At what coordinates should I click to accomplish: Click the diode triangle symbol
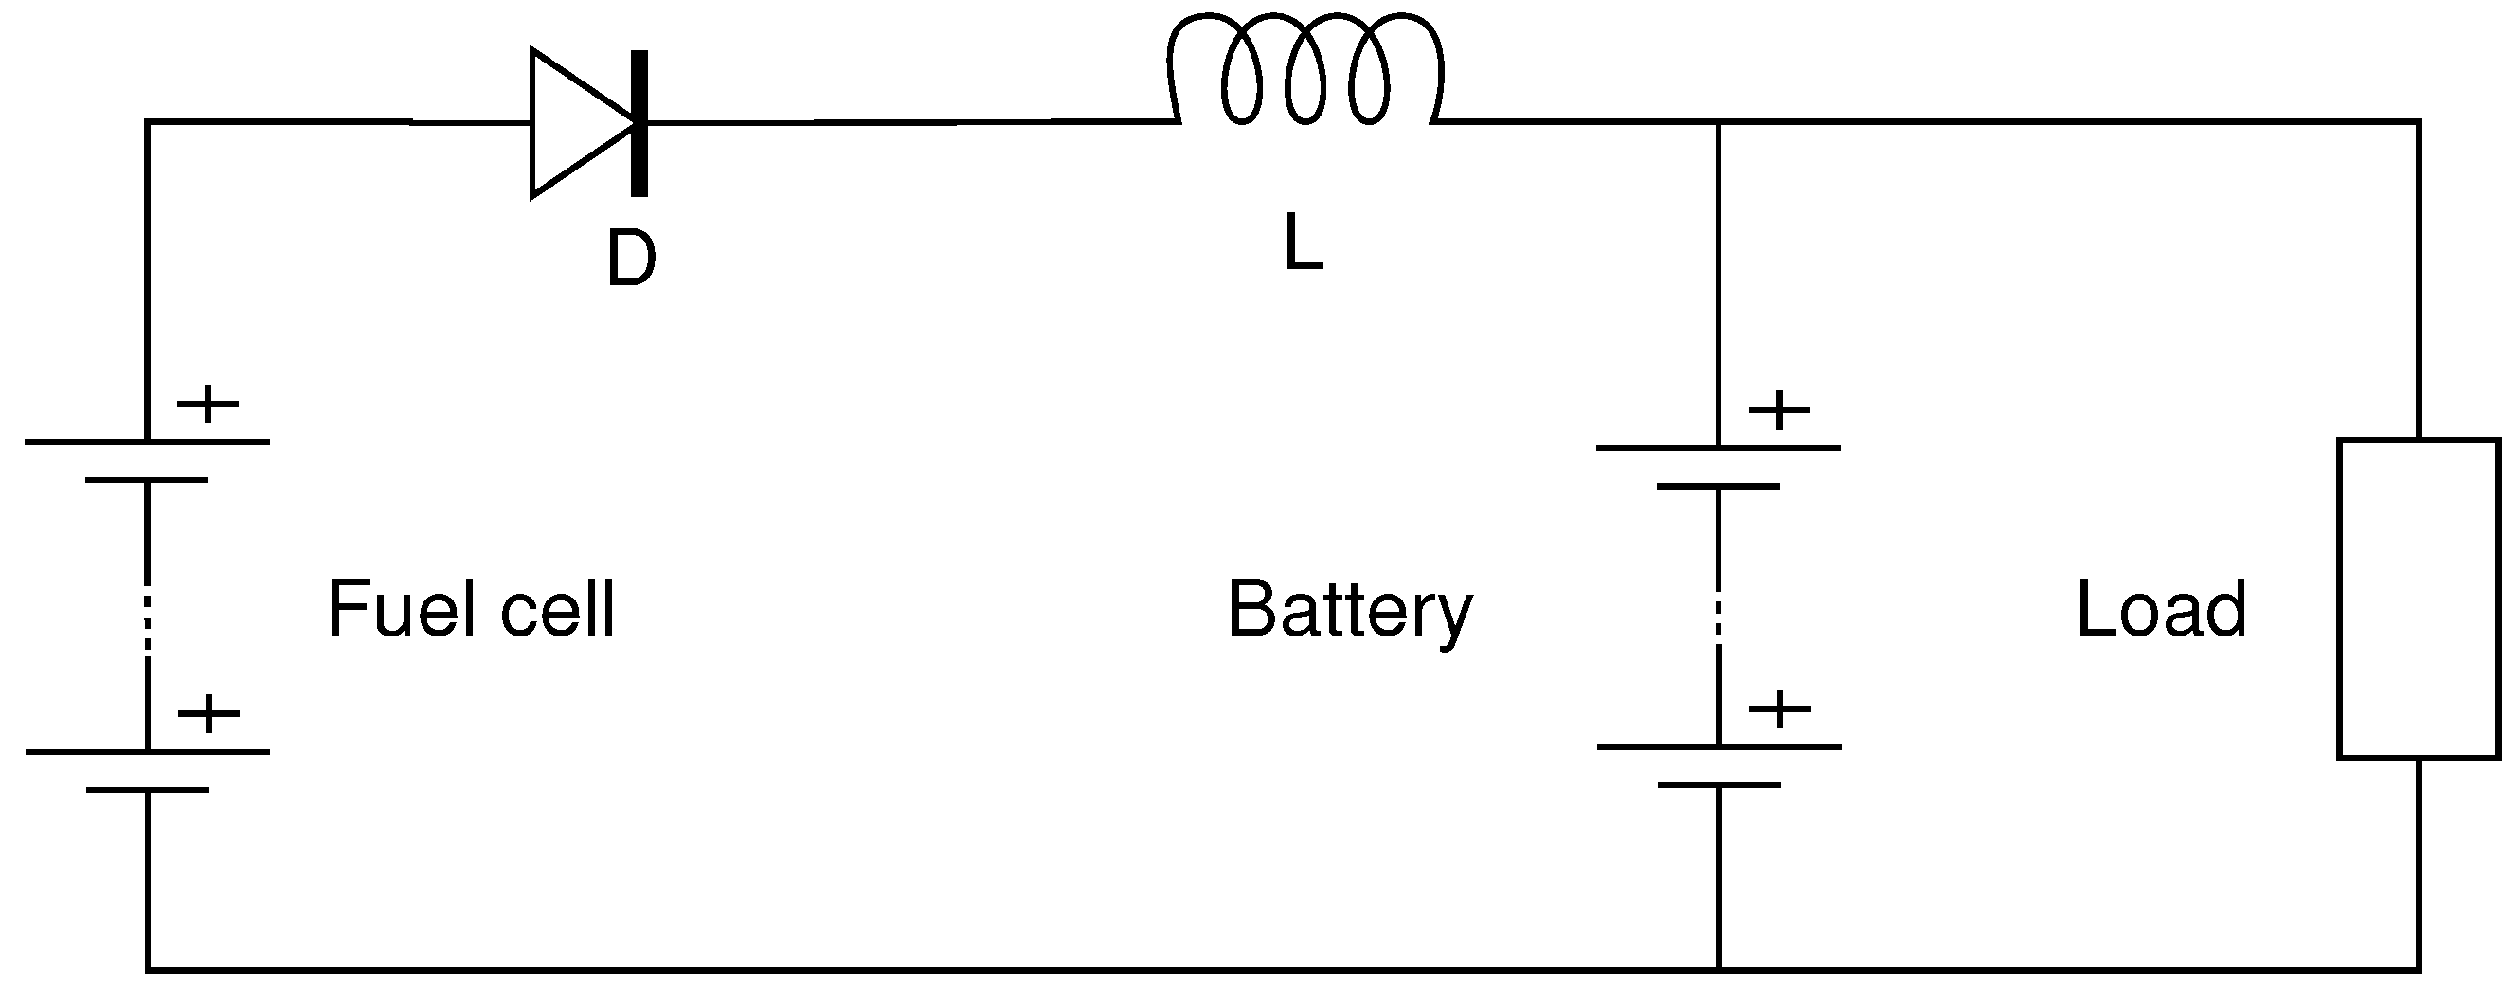[x=577, y=123]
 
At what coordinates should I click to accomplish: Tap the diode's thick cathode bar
[x=639, y=123]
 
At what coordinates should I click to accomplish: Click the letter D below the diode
[x=631, y=260]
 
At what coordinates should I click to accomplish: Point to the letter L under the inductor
[x=1303, y=243]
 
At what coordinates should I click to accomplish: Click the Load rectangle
[x=2418, y=599]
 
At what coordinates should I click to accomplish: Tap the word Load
[x=2160, y=610]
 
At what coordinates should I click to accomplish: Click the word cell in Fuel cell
[x=557, y=610]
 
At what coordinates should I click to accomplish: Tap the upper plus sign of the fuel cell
[x=207, y=403]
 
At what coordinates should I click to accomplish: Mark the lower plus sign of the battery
[x=1779, y=708]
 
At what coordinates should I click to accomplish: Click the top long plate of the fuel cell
[x=147, y=443]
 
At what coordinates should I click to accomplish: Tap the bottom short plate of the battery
[x=1718, y=785]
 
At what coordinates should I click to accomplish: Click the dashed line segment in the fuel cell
[x=147, y=617]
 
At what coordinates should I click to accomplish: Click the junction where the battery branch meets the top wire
[x=1718, y=122]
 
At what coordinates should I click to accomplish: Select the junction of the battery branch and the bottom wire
[x=1718, y=970]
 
